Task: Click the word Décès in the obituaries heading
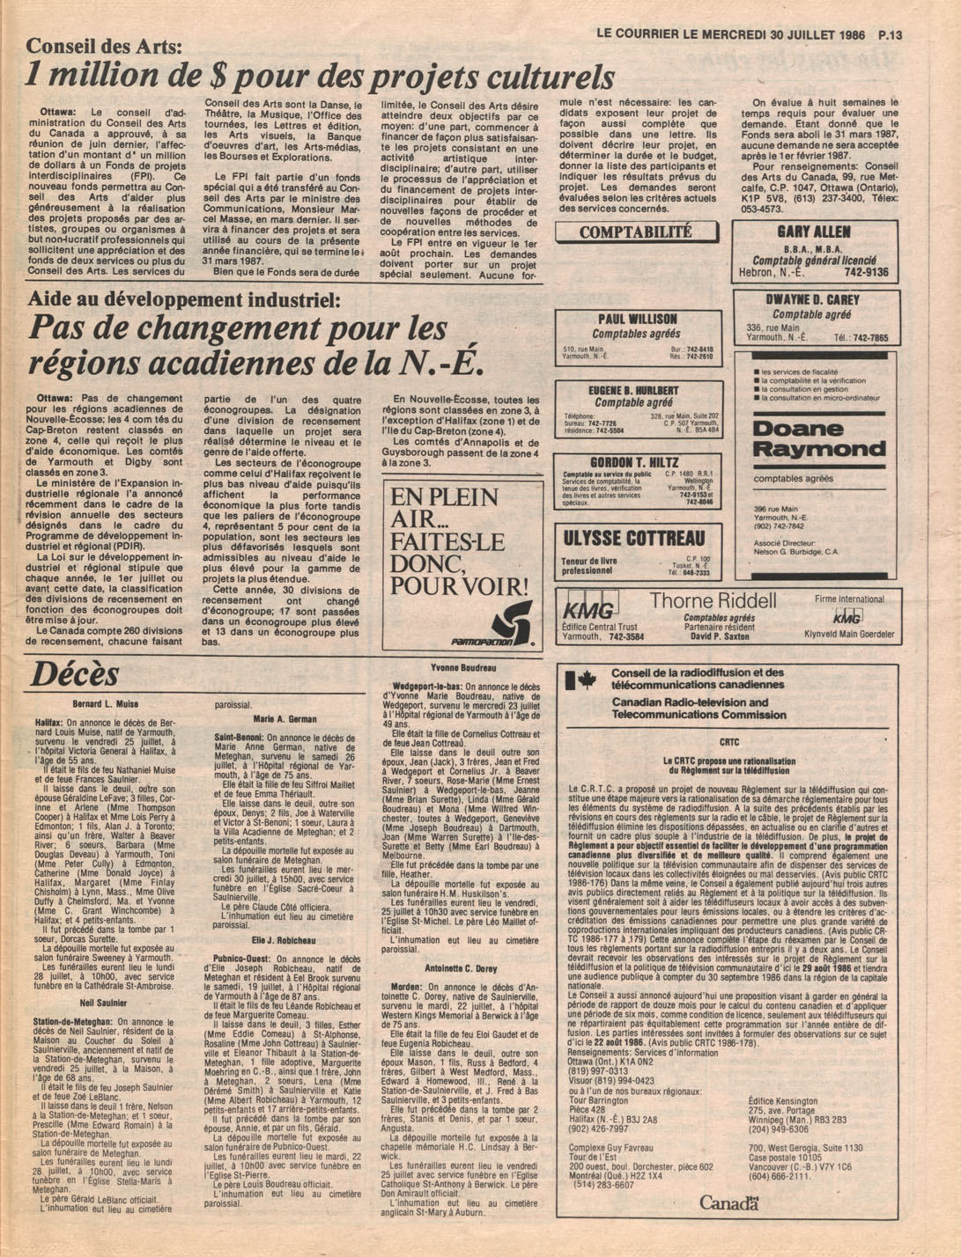point(75,674)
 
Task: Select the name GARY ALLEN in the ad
point(813,232)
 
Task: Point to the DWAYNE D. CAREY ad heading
point(818,299)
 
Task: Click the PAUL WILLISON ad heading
point(637,319)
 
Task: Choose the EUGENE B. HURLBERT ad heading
point(633,390)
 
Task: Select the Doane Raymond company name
point(819,439)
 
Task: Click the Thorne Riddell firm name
point(713,600)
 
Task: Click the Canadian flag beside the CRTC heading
point(580,680)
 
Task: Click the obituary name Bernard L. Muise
point(105,705)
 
